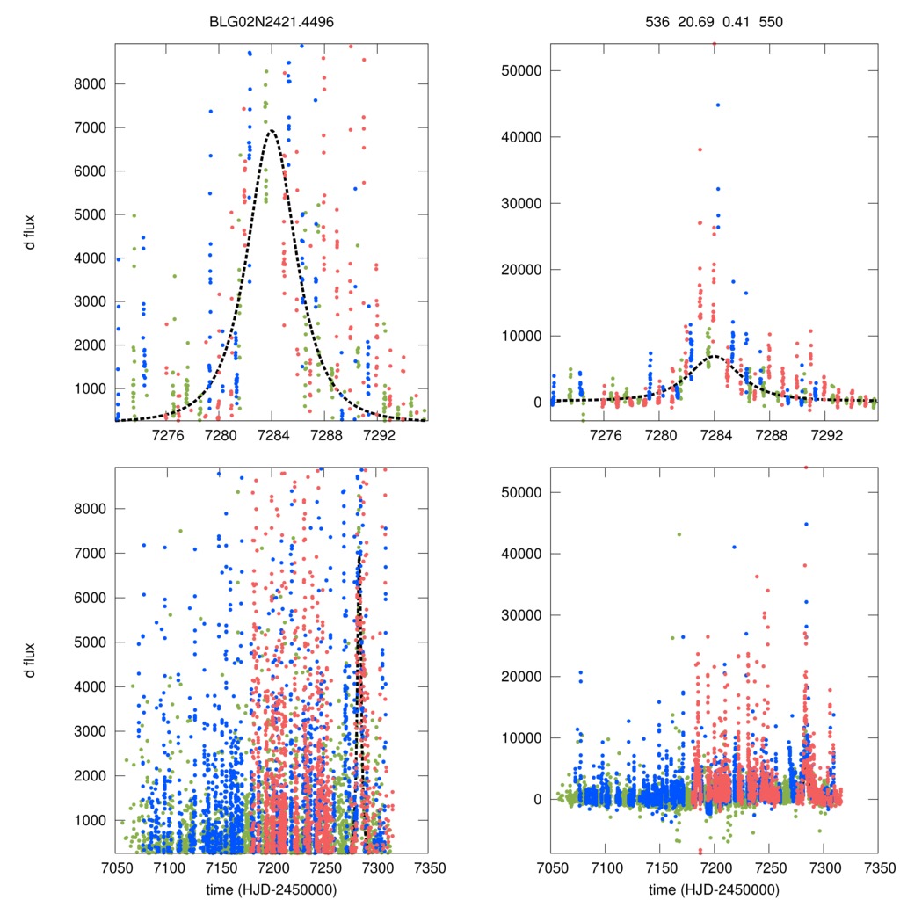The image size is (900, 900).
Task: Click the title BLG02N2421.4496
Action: pyautogui.click(x=271, y=20)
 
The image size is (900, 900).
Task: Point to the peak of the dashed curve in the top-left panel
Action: pyautogui.click(x=272, y=131)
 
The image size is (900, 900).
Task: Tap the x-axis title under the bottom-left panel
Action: pyautogui.click(x=272, y=889)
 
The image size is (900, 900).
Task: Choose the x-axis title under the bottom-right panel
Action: pyautogui.click(x=715, y=889)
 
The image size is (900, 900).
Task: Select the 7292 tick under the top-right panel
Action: pyautogui.click(x=826, y=434)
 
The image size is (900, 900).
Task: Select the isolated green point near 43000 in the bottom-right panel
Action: pyautogui.click(x=679, y=534)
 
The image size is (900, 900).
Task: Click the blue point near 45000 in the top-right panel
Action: pyautogui.click(x=718, y=105)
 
